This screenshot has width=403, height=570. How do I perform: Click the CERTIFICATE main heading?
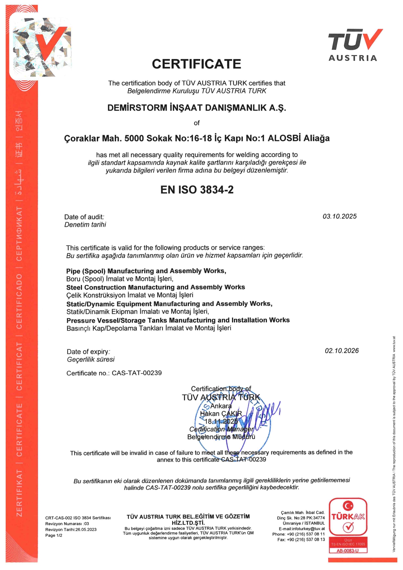[196, 64]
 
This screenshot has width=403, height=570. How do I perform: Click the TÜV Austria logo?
[355, 45]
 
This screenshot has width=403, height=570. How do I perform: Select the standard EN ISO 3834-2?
[197, 190]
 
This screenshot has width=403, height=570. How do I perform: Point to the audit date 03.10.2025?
[339, 216]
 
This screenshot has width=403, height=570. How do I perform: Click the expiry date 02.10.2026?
[342, 351]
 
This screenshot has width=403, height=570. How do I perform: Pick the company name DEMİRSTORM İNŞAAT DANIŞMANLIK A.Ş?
[197, 108]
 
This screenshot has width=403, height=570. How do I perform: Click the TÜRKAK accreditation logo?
[348, 522]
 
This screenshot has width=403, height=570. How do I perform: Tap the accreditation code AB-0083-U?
[348, 551]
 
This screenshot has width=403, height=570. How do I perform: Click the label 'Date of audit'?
[84, 217]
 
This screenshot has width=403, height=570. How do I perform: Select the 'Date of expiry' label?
[88, 352]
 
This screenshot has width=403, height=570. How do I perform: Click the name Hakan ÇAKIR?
[221, 414]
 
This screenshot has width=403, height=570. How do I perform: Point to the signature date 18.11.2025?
[221, 421]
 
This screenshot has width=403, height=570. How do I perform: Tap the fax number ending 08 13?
[301, 539]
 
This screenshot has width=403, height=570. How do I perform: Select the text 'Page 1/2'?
[54, 536]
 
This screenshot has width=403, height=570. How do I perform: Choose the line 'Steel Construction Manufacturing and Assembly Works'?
[155, 287]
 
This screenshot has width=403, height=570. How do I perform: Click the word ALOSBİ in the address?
[284, 138]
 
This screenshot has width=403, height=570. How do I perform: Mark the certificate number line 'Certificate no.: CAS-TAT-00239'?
[114, 373]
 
